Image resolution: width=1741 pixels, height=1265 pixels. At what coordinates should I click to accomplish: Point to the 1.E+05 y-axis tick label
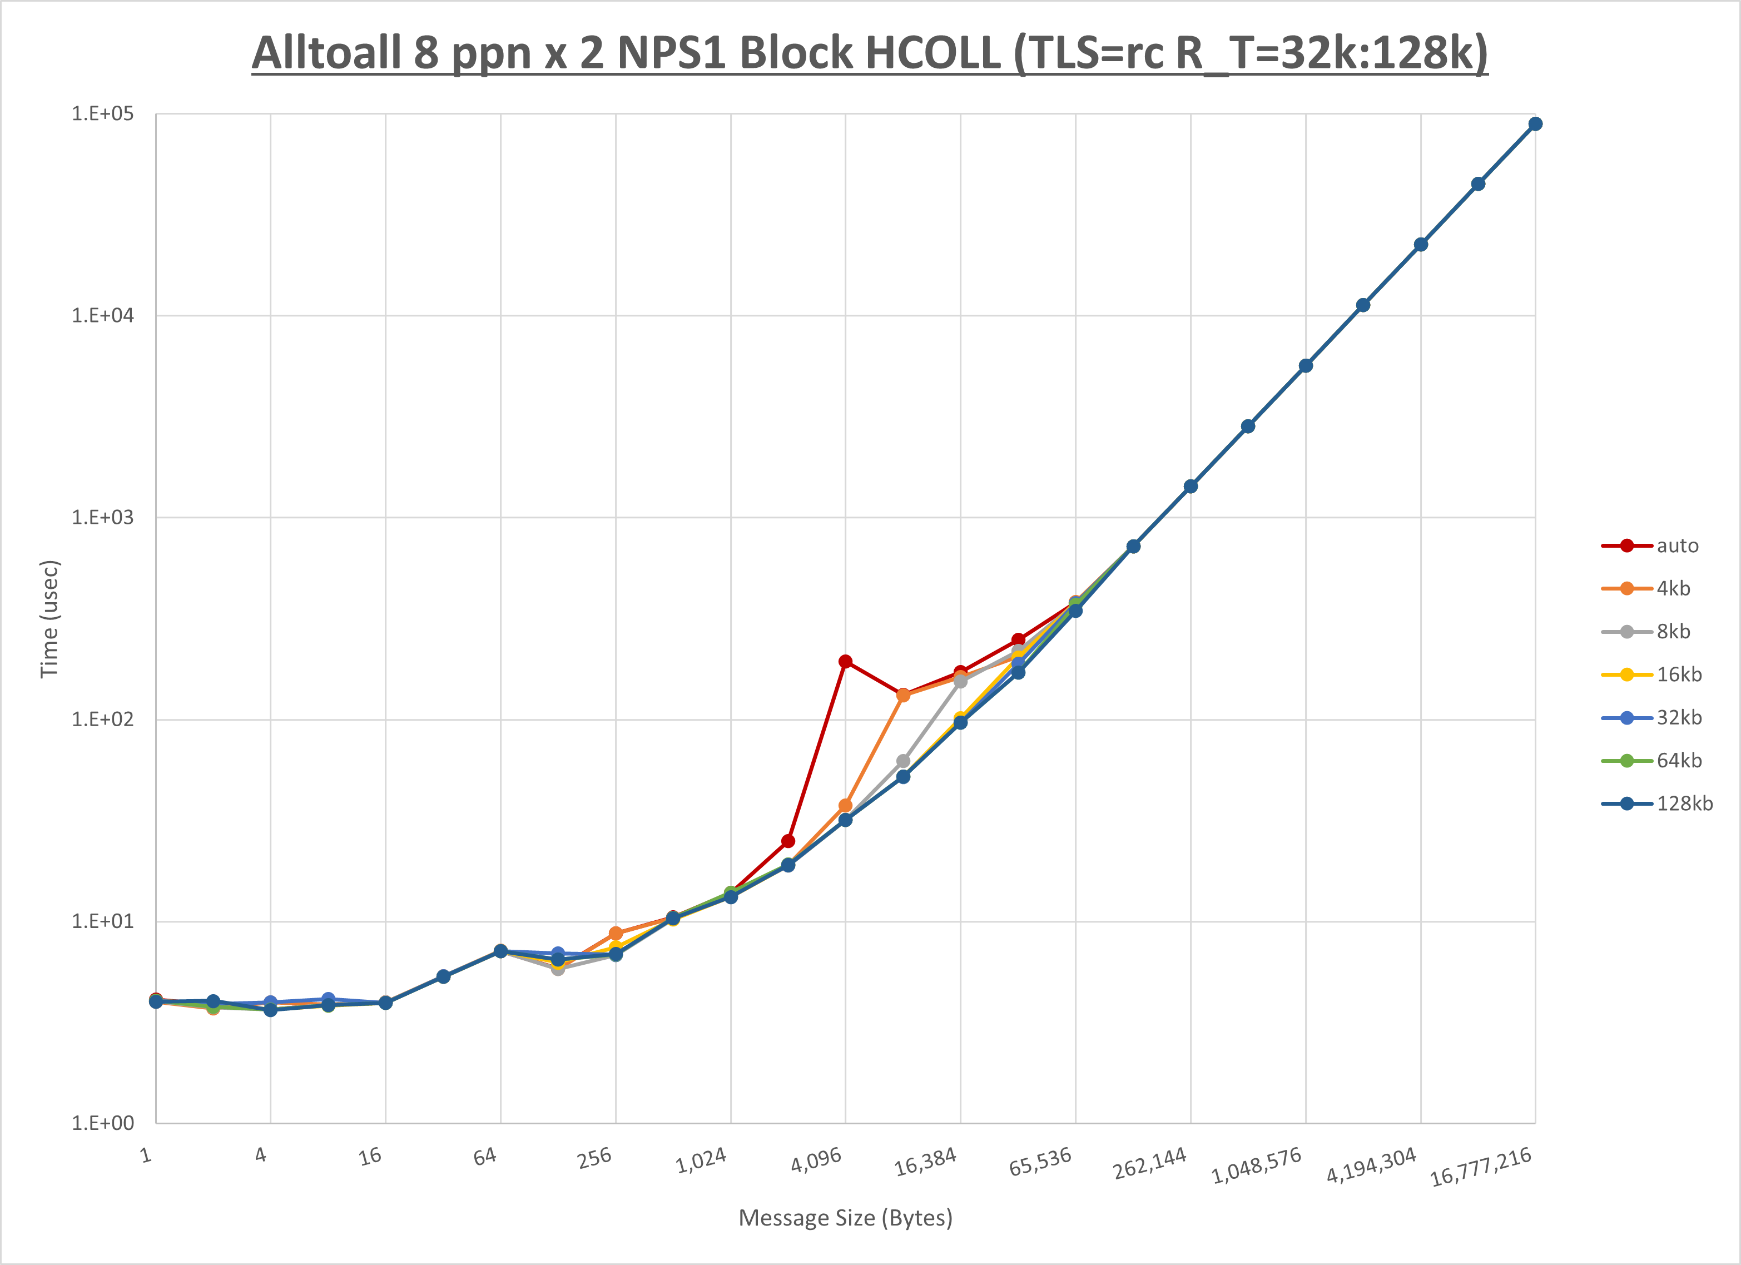[x=102, y=113]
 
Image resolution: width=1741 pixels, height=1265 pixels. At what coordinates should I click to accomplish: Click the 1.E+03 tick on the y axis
[x=102, y=517]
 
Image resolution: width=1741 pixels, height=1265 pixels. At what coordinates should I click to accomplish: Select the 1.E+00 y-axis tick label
[x=102, y=1123]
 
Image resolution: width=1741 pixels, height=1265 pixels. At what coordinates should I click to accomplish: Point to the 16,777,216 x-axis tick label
[x=1481, y=1166]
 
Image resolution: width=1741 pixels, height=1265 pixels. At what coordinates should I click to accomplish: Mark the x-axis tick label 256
[x=595, y=1158]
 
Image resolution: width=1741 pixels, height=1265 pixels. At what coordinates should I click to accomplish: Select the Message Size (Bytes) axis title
[x=845, y=1218]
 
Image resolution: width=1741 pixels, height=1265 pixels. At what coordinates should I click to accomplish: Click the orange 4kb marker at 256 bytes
[x=616, y=934]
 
